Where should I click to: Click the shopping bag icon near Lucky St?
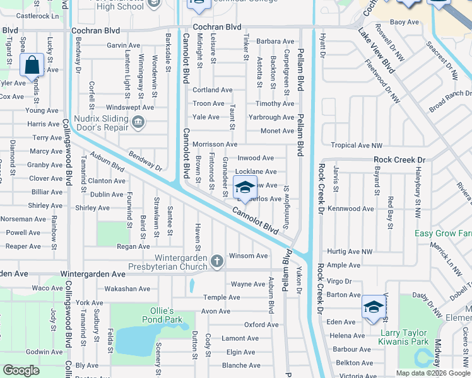tap(31, 65)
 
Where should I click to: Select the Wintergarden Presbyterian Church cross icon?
tap(216, 261)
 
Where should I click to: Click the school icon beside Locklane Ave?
tap(244, 186)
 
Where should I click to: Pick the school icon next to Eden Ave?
tap(373, 307)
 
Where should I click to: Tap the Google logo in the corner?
tap(21, 370)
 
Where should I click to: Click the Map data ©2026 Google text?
tap(433, 372)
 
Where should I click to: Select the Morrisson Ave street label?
tap(215, 144)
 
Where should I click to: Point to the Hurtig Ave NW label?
tap(351, 251)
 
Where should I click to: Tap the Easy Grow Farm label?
tap(442, 234)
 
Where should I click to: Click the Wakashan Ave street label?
tap(127, 289)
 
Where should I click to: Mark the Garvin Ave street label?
tap(123, 45)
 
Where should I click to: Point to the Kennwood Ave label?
tap(351, 209)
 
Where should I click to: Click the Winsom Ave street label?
tap(248, 256)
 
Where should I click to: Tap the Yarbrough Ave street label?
tap(271, 117)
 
